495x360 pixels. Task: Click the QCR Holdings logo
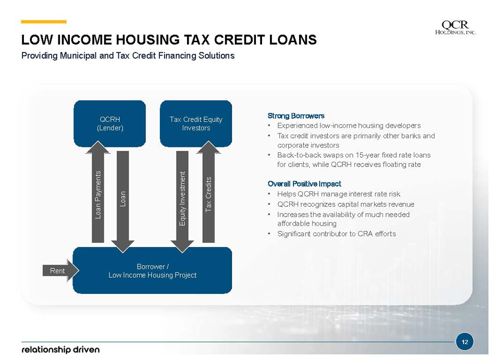[x=455, y=27]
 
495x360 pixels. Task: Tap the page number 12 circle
[x=465, y=342]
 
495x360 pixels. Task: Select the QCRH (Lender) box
[x=110, y=123]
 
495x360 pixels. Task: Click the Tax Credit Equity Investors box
[x=196, y=123]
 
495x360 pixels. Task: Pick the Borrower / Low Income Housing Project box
[x=153, y=270]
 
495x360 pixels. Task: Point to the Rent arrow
[x=60, y=270]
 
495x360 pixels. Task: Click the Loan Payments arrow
[x=98, y=192]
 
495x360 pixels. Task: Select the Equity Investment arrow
[x=182, y=202]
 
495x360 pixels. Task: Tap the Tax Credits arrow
[x=208, y=192]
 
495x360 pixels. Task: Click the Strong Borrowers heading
[x=296, y=116]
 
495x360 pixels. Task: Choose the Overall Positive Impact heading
[x=304, y=183]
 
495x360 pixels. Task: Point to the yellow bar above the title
[x=44, y=22]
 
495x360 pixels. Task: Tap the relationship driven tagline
[x=60, y=350]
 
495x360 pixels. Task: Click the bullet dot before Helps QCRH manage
[x=269, y=194]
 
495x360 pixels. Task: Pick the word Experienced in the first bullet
[x=298, y=126]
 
